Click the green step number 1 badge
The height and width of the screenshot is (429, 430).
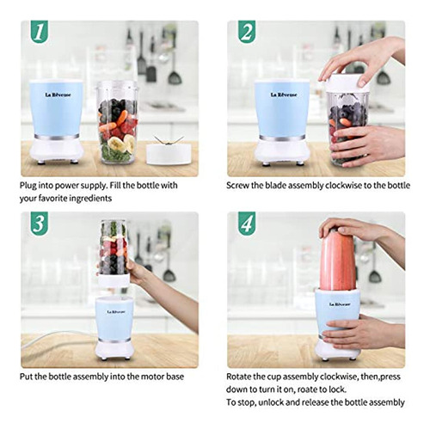click(x=40, y=32)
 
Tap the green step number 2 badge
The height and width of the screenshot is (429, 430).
click(x=247, y=32)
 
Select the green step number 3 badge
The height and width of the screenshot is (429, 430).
click(x=40, y=224)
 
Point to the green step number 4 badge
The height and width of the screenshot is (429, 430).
click(x=247, y=224)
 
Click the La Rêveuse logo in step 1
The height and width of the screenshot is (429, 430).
click(x=58, y=95)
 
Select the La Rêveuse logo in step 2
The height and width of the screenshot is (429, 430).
click(x=284, y=95)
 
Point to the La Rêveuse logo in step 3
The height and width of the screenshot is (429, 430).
click(x=116, y=312)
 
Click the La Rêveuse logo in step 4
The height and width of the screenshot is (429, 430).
click(x=340, y=304)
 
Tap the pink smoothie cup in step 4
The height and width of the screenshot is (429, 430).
click(x=338, y=260)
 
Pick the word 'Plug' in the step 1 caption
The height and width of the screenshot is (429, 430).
click(x=28, y=186)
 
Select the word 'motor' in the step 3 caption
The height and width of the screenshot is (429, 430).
click(x=149, y=377)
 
